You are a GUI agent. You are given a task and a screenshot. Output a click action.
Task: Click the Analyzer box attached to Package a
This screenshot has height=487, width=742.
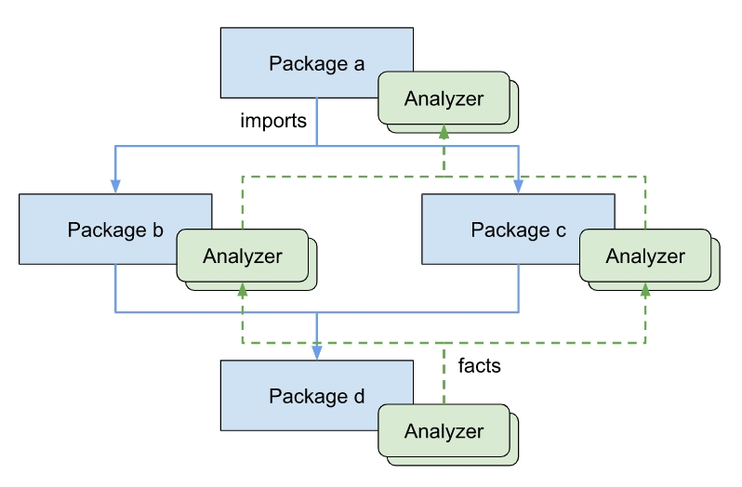pyautogui.click(x=444, y=99)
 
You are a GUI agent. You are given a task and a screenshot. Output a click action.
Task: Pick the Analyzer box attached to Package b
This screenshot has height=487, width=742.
pyautogui.click(x=242, y=257)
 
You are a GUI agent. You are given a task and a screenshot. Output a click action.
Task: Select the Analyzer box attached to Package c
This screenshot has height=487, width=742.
pyautogui.click(x=644, y=257)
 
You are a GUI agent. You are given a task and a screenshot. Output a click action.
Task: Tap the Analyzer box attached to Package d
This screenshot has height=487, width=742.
pyautogui.click(x=444, y=431)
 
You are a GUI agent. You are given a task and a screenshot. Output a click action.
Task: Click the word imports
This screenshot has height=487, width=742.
pyautogui.click(x=273, y=121)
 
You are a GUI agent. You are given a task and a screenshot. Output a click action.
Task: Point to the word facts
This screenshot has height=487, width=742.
pyautogui.click(x=480, y=366)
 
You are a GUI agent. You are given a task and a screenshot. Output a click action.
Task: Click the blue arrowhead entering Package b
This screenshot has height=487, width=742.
pyautogui.click(x=115, y=186)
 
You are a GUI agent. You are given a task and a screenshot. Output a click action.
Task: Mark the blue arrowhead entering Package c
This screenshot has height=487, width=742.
pyautogui.click(x=518, y=186)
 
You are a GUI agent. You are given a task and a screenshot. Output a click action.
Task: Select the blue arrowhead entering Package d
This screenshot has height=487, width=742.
pyautogui.click(x=317, y=353)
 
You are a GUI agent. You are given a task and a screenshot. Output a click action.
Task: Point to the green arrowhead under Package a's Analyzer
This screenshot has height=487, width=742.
pyautogui.click(x=444, y=131)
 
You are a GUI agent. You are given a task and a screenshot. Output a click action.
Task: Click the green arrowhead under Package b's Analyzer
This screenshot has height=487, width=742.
pyautogui.click(x=242, y=290)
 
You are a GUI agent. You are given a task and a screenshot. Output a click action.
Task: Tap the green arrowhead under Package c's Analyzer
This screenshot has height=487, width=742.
pyautogui.click(x=644, y=290)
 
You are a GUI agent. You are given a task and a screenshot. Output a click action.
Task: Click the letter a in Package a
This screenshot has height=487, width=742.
pyautogui.click(x=358, y=64)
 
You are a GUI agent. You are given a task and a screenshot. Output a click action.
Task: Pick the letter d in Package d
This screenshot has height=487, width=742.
pyautogui.click(x=358, y=396)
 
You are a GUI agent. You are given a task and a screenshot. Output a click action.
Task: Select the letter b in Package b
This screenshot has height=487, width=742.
pyautogui.click(x=157, y=230)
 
